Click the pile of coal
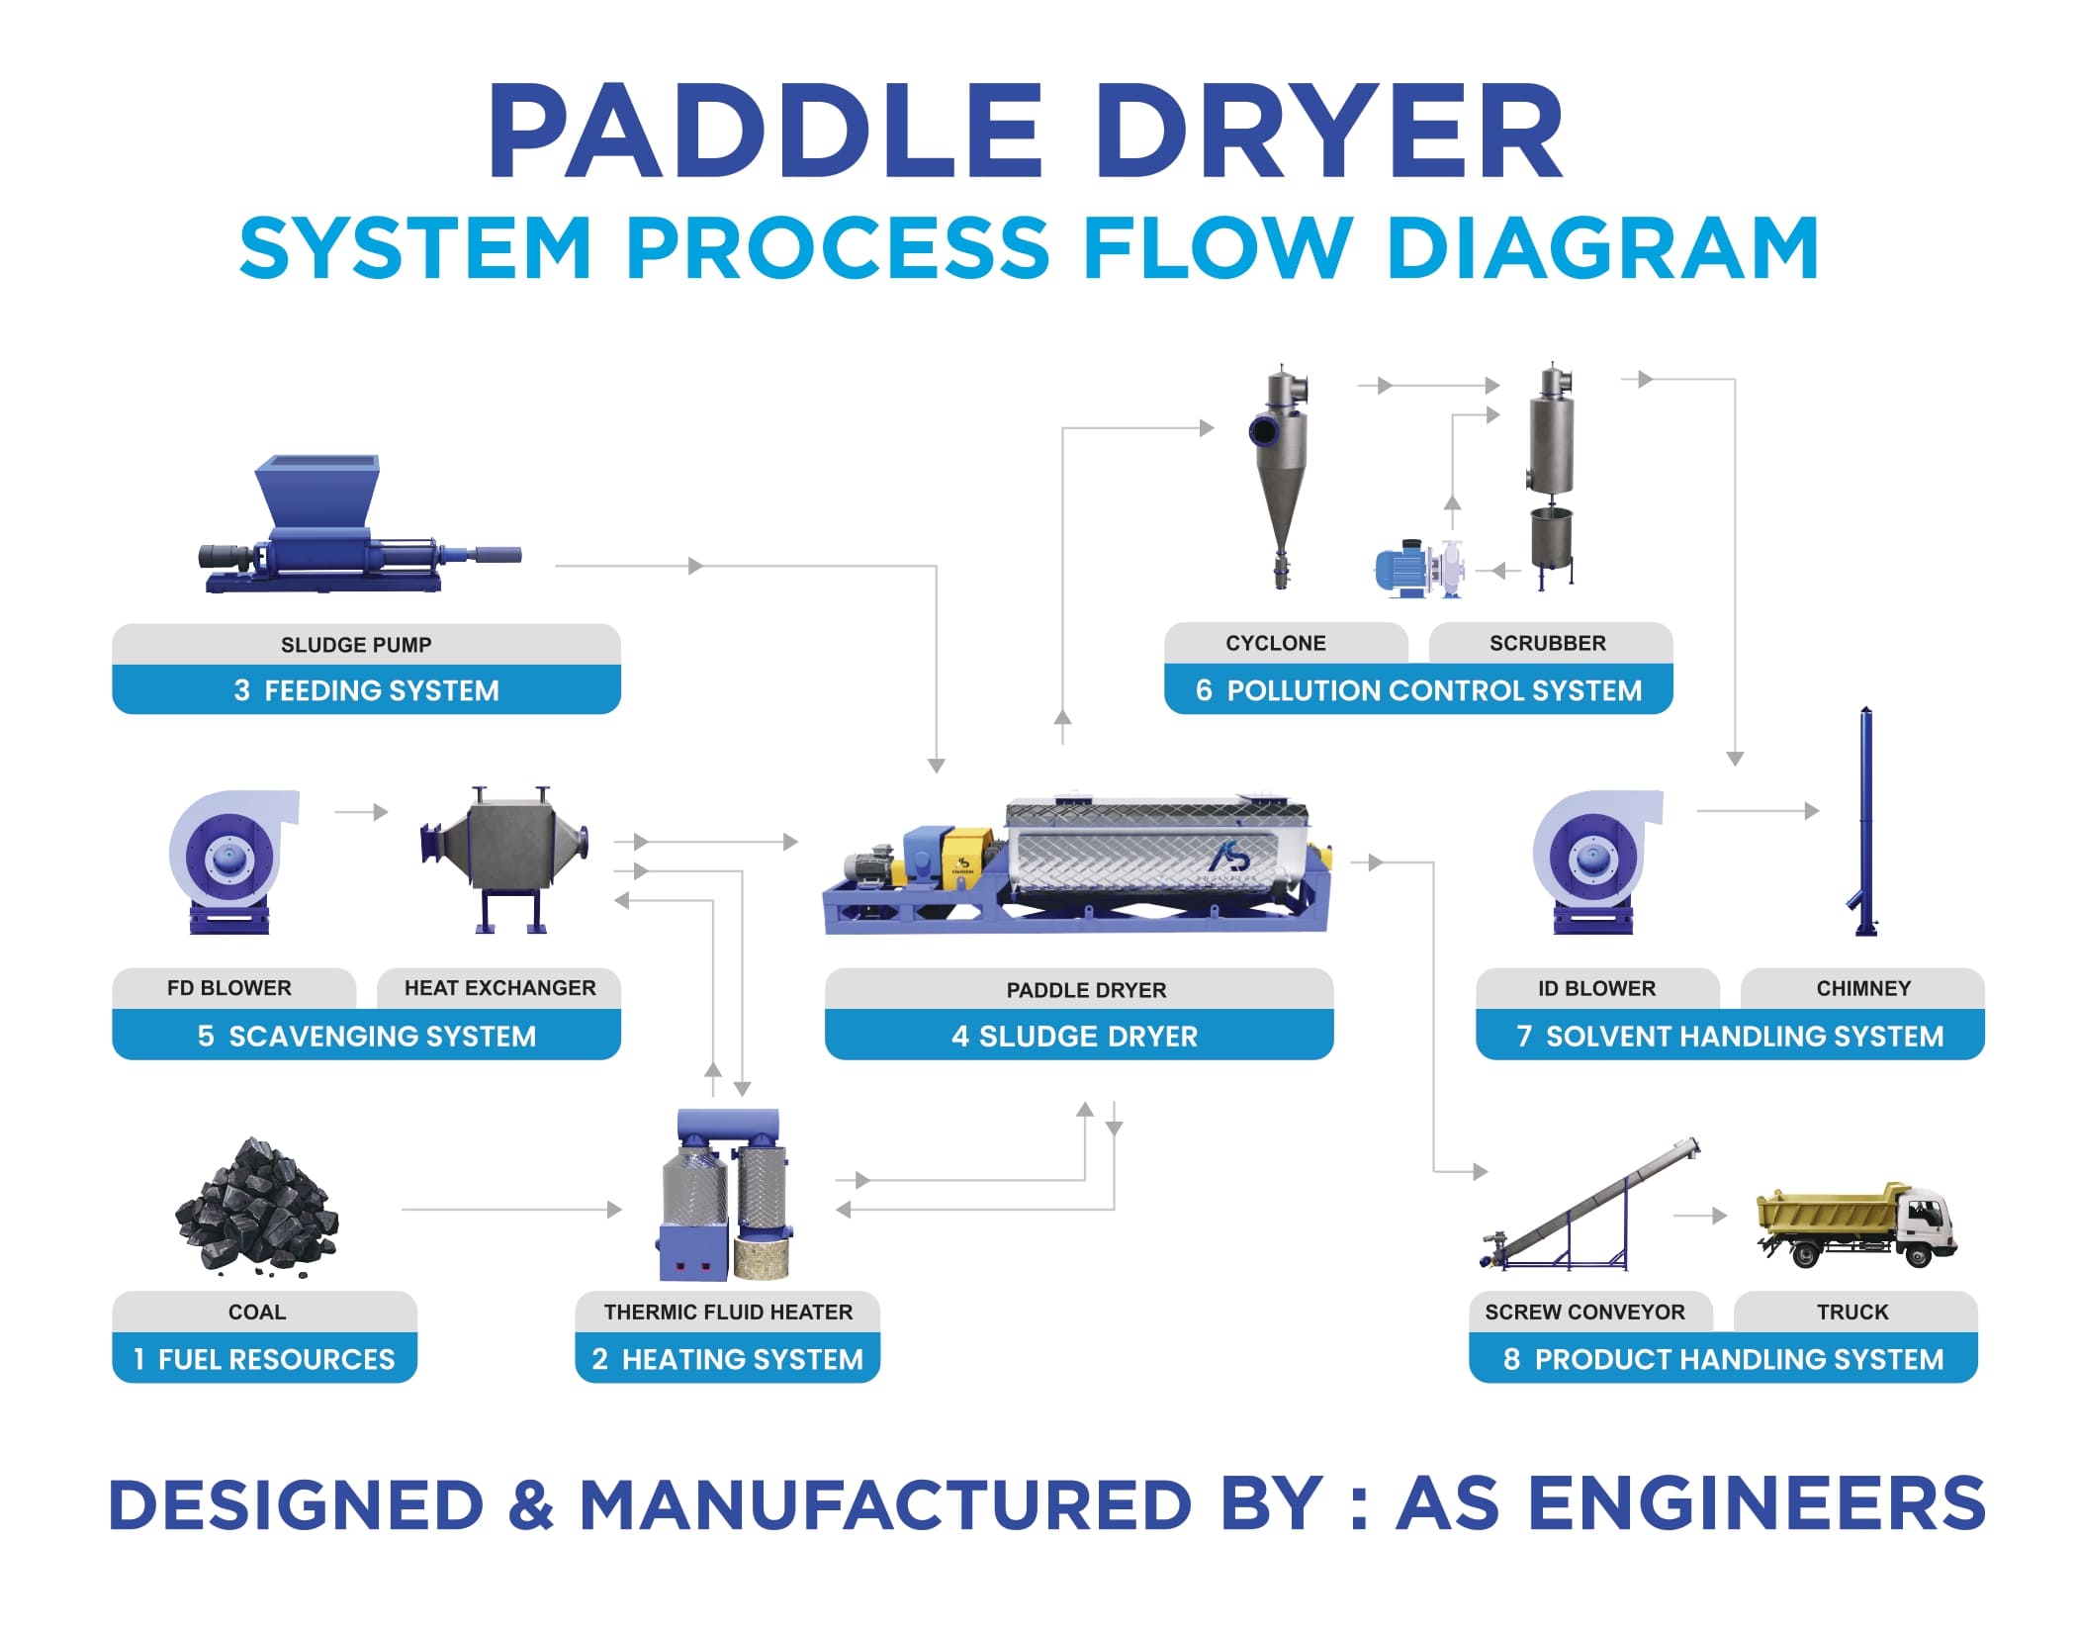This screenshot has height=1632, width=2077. (257, 1206)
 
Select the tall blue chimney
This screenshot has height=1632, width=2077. (1865, 821)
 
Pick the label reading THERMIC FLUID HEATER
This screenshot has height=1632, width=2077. (728, 1312)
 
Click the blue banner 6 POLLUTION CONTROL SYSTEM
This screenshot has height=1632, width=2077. (1418, 689)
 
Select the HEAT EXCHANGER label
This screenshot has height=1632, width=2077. (499, 987)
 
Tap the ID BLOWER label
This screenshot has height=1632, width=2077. (1596, 987)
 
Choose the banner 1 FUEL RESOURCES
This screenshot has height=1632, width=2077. (264, 1359)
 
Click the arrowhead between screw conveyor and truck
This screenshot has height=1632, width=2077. (1719, 1216)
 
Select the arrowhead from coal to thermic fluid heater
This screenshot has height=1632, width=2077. (614, 1209)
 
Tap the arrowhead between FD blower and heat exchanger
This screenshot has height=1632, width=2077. (381, 812)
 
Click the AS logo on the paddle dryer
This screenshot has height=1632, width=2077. (1232, 856)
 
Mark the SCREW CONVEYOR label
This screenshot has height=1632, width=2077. (1584, 1312)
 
